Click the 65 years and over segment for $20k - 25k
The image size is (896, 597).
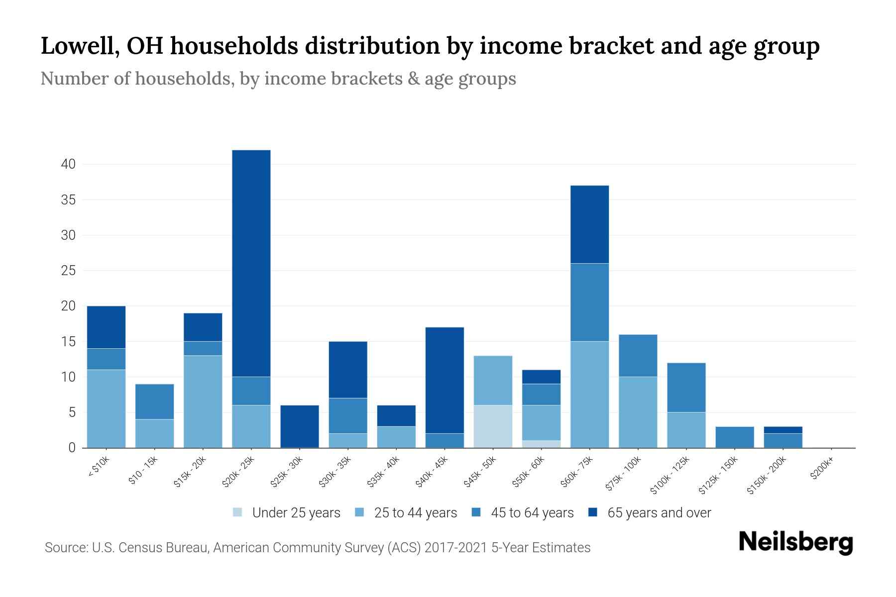[251, 263]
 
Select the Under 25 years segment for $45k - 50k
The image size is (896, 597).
[493, 426]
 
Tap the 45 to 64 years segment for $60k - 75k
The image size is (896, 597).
[589, 302]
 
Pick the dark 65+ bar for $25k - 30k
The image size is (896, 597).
[300, 426]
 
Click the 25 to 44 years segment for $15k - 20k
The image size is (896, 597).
[203, 401]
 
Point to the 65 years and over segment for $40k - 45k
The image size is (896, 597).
[445, 380]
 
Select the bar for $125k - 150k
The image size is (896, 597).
[735, 437]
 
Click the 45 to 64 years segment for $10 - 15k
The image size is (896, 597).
[155, 401]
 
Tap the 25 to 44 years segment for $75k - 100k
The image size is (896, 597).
[638, 412]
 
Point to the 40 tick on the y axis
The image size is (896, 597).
[68, 164]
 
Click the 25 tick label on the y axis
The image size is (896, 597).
[68, 271]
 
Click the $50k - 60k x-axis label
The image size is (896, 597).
[529, 472]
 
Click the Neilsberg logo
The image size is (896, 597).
[795, 542]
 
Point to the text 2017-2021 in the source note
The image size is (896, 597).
[455, 548]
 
